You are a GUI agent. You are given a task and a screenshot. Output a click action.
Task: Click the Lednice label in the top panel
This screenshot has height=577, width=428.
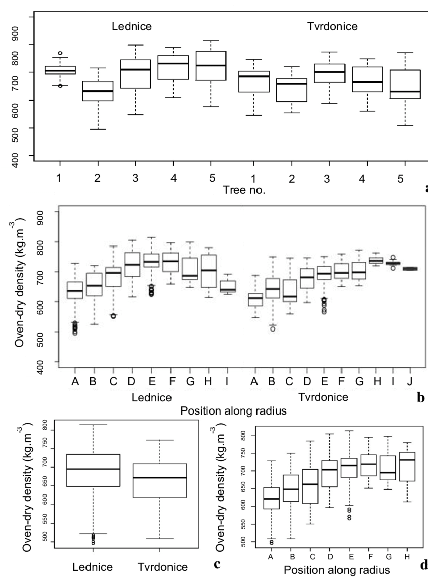click(x=131, y=26)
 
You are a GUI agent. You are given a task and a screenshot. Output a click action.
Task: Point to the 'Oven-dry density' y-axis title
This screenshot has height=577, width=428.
click(x=20, y=282)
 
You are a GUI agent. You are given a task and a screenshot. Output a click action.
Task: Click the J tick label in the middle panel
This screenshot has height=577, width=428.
click(x=409, y=382)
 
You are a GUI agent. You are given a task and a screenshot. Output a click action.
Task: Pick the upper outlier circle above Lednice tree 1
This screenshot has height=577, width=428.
click(x=60, y=53)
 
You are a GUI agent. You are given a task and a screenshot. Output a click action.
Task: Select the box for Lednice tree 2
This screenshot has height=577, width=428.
click(x=98, y=91)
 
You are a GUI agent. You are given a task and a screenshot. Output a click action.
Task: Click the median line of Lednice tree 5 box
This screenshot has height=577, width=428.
click(x=211, y=65)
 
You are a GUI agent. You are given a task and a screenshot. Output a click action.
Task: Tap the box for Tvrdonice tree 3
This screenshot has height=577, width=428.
click(x=329, y=73)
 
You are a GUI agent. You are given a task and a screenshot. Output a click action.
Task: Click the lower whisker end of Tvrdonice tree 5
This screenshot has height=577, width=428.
click(x=405, y=125)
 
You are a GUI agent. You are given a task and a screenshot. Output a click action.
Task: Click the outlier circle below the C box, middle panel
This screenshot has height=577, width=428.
click(x=113, y=316)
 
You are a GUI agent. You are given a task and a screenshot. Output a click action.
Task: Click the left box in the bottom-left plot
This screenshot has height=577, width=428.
click(x=93, y=470)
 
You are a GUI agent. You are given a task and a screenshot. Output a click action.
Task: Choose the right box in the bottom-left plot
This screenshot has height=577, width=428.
click(x=159, y=480)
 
